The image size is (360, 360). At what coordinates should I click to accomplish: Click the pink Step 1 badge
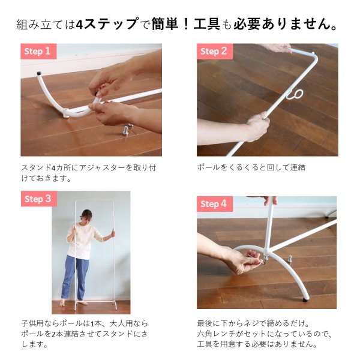[39, 51]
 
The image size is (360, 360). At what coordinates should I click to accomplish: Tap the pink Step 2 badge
[215, 51]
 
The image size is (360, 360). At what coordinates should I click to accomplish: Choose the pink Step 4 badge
[215, 204]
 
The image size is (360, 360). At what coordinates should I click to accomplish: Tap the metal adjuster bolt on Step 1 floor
[127, 128]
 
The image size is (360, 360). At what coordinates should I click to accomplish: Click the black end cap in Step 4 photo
[307, 296]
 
